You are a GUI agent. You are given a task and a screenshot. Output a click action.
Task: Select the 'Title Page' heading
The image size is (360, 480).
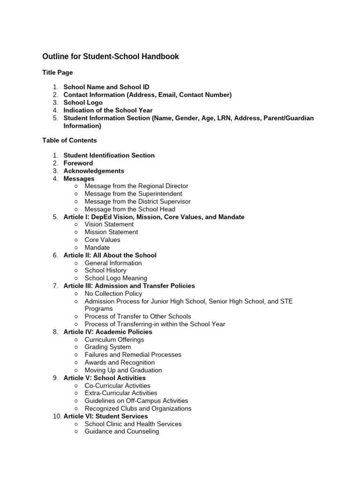57,73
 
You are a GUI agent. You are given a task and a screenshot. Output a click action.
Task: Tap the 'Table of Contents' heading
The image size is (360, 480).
69,140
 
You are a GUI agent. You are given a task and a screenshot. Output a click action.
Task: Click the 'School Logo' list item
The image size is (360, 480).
83,103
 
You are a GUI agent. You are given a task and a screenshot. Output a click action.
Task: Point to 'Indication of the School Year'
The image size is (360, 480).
108,110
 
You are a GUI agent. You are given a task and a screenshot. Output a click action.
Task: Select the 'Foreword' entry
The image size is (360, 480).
78,163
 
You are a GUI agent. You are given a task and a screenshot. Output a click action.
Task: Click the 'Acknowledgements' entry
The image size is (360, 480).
94,171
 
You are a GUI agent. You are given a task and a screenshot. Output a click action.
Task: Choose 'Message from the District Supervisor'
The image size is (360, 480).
137,202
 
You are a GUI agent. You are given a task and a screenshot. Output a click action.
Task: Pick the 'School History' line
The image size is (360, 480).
105,270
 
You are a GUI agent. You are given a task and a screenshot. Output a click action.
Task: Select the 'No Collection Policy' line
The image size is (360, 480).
113,294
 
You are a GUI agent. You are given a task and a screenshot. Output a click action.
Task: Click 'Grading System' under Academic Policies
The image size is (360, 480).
107,347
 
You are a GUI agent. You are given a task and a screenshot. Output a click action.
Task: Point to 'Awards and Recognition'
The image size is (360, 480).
120,362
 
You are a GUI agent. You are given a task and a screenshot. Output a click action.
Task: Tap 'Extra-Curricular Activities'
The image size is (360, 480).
120,393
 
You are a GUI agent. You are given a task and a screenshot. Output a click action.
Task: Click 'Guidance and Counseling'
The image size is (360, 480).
121,432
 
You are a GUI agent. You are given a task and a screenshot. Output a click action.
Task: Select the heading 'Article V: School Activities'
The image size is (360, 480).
105,378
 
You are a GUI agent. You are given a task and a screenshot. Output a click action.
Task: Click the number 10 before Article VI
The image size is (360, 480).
55,416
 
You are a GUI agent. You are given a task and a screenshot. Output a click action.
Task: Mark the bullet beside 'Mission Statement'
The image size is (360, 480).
76,232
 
